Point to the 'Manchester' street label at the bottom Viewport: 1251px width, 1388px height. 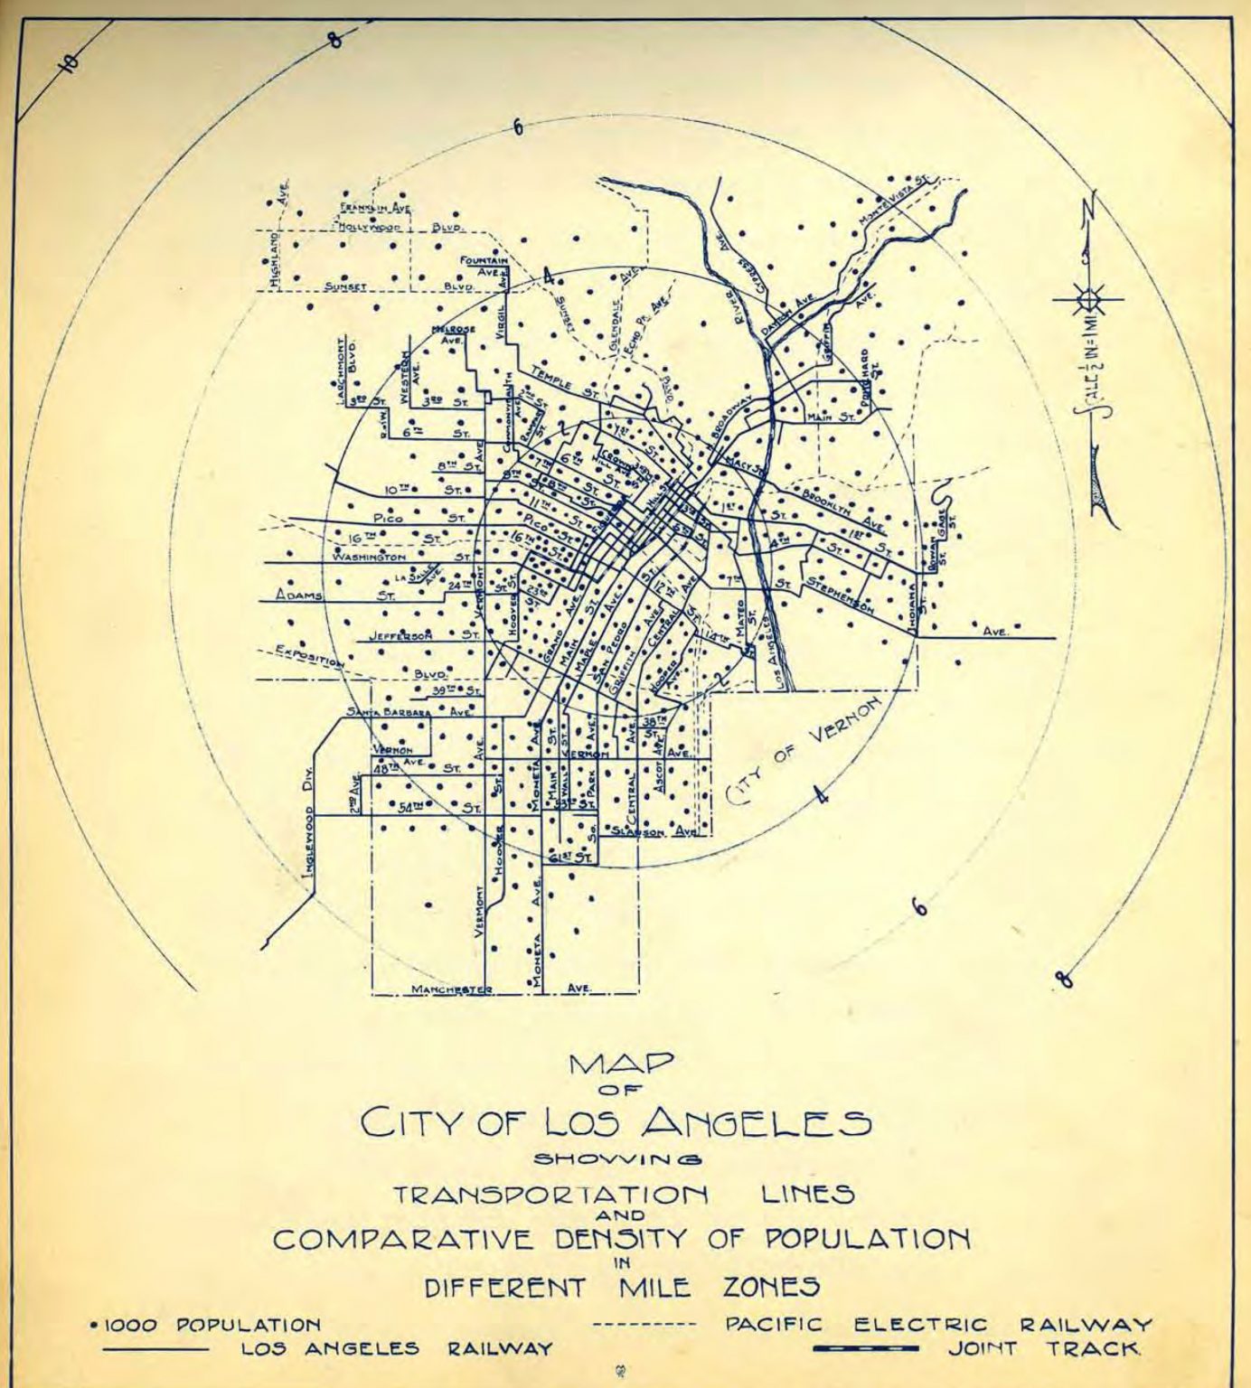tap(452, 989)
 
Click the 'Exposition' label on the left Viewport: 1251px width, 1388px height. tap(310, 657)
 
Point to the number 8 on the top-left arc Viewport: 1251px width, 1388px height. tap(335, 40)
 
